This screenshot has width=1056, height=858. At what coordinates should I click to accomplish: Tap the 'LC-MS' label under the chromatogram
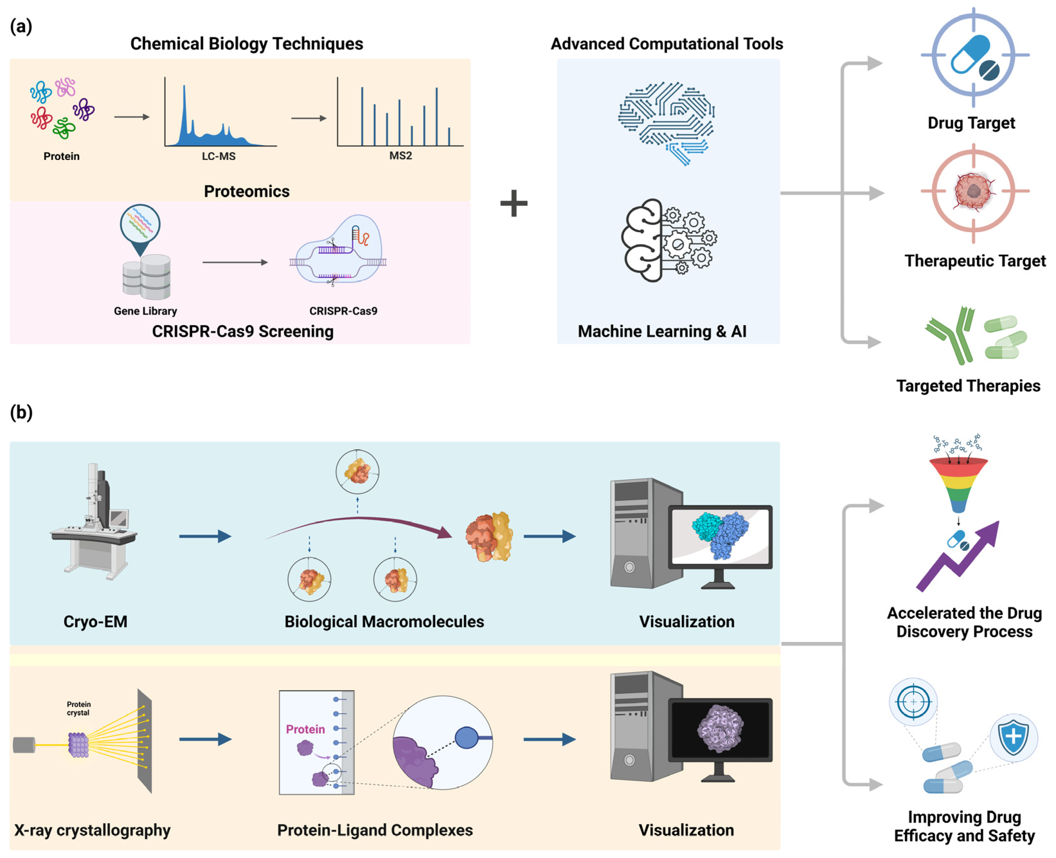[x=218, y=156]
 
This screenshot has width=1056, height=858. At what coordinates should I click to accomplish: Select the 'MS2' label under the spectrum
[x=400, y=156]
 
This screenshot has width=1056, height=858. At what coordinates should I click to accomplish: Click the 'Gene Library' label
[x=145, y=311]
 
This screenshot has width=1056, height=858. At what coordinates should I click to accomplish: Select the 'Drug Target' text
[x=971, y=122]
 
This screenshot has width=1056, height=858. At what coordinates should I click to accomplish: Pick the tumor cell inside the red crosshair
[x=973, y=191]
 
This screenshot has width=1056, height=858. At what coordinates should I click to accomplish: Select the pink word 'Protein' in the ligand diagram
[x=306, y=729]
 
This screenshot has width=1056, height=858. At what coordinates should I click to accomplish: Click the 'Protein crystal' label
[x=79, y=708]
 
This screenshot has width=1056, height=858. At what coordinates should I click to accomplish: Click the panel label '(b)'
[x=21, y=412]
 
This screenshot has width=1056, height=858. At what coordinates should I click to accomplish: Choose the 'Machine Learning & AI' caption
[x=662, y=331]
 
